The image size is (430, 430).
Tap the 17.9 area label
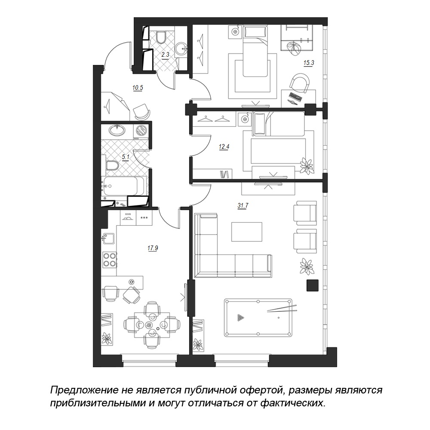pos(153,249)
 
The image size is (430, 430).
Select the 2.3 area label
pos(165,55)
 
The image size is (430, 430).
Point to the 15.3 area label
pos(308,63)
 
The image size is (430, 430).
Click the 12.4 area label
pos(224,147)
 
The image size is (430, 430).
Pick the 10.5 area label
pos(138,88)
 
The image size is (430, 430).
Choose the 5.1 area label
pos(125,157)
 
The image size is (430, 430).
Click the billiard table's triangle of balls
pos(240,318)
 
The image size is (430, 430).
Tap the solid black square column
pos(312,286)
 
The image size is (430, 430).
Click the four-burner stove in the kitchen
pos(109,260)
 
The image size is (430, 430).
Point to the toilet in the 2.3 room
pos(160,37)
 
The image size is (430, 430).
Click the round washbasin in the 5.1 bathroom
pos(118,130)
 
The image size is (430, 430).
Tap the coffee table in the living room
pos(247,232)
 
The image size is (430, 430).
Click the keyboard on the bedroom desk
pos(295,96)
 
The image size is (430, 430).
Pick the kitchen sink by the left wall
pos(109,239)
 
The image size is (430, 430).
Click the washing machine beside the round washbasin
pos(141,130)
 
